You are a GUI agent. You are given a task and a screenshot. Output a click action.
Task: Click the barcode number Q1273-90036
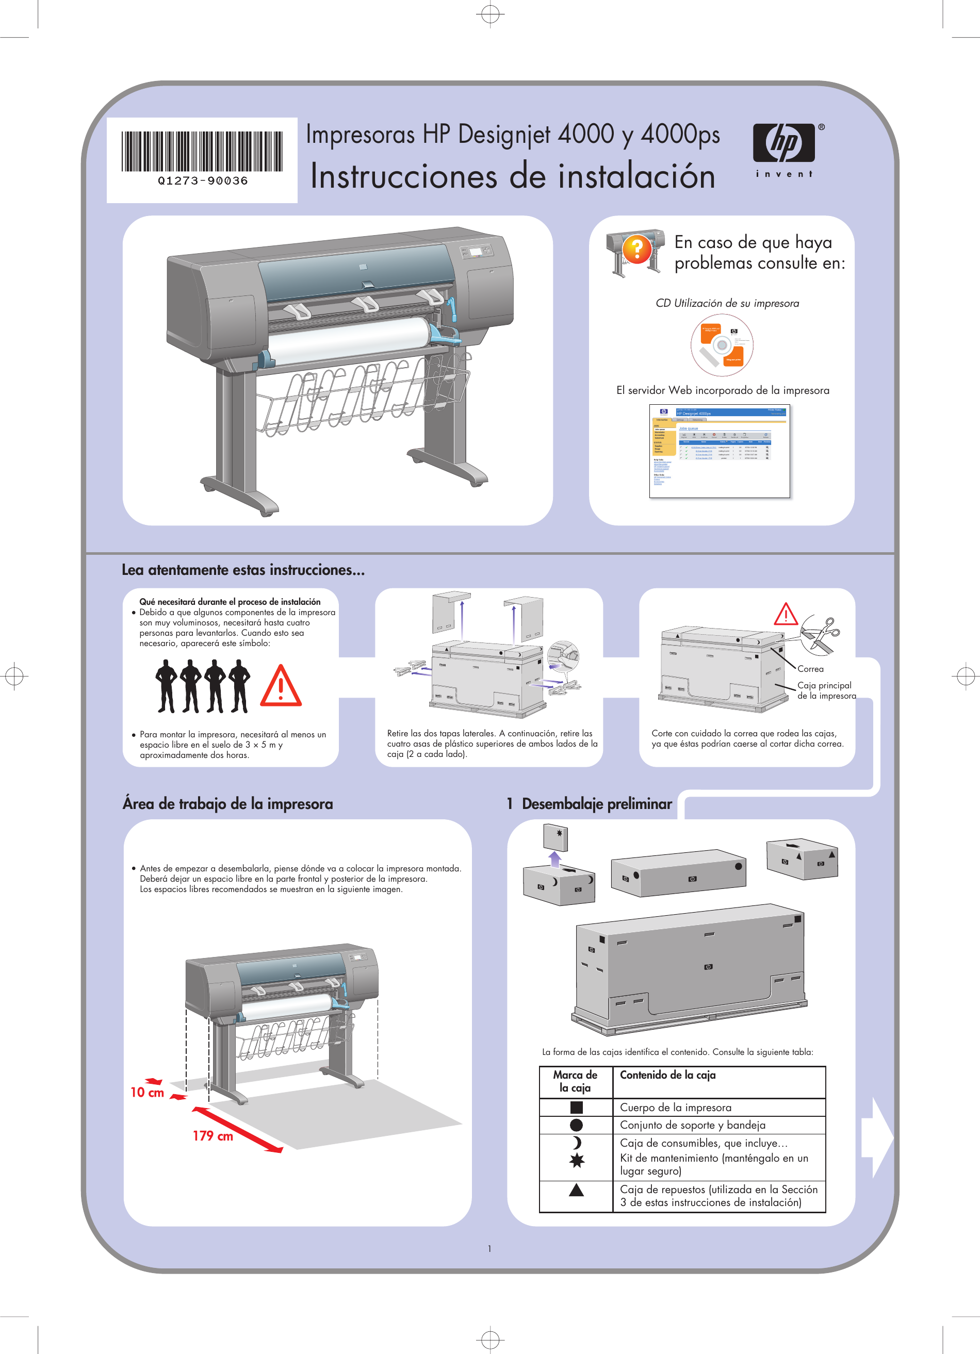(x=203, y=180)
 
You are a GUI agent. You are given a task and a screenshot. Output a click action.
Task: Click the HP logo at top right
(x=784, y=144)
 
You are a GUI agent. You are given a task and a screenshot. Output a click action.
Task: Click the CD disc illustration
(x=722, y=344)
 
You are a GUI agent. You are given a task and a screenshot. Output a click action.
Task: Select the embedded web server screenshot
(x=719, y=451)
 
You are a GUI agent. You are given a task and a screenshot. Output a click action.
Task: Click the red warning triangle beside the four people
(x=281, y=687)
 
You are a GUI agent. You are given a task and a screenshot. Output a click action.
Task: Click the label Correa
(x=810, y=669)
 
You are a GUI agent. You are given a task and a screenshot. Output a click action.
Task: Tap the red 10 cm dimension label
(x=147, y=1092)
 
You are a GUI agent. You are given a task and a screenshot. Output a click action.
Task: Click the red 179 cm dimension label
(x=213, y=1135)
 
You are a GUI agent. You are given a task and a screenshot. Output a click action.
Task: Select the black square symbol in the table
(x=576, y=1107)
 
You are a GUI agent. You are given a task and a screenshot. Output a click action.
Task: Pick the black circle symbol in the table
(x=576, y=1125)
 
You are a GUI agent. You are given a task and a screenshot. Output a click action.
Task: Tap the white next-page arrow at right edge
(x=877, y=1137)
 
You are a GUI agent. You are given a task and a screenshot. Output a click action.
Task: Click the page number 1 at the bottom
(x=489, y=1248)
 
